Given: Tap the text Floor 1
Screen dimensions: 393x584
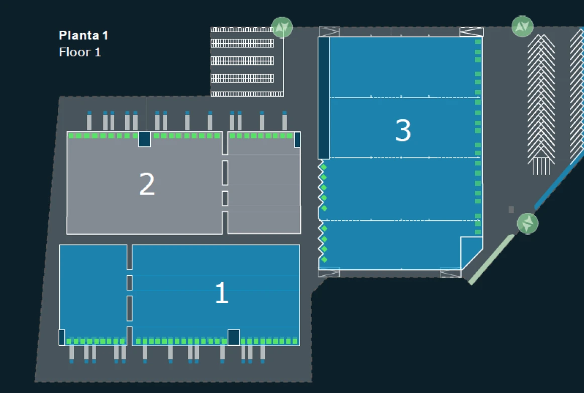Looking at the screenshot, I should pos(80,52).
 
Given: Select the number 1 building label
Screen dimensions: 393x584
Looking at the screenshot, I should pos(222,292).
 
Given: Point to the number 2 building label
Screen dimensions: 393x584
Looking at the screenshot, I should pos(147,184).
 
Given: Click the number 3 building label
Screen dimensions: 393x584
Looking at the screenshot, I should pos(403,130).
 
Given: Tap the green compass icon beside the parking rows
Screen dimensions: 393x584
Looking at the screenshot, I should pos(281,27).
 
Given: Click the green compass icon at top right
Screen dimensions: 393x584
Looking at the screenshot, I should pos(522,26).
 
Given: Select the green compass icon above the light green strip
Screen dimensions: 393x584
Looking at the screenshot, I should pos(527,223).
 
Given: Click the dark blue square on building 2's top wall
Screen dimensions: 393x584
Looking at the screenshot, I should pos(144,139).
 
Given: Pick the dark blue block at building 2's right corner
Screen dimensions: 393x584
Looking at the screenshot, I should pos(297,139).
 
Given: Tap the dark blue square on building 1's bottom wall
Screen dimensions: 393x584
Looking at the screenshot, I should pos(234,337).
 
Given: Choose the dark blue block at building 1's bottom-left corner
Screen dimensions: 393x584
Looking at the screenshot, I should pos(62,337).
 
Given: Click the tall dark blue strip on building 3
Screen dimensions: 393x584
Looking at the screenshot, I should pos(324,98).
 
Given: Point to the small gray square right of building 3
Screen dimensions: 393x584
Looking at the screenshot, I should pos(511,209).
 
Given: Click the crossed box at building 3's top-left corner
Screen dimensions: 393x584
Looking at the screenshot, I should pos(329,31).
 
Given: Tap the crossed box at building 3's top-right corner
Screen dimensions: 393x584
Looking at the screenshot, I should pos(471,31).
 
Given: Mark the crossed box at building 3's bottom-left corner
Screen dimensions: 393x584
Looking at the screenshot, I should pos(329,273).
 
